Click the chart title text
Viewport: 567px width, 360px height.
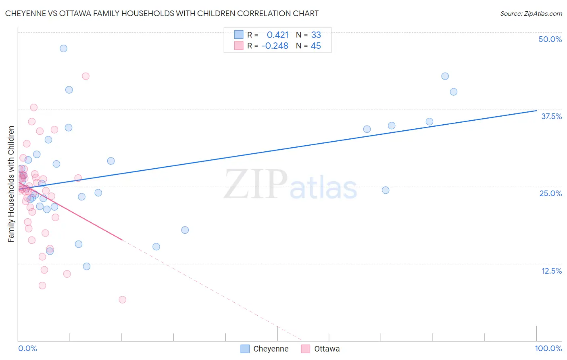162,13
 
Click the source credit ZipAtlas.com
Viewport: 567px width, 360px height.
531,13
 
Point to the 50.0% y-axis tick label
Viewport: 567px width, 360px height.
550,39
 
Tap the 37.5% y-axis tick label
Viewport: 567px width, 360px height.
551,116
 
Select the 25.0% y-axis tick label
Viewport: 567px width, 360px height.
550,193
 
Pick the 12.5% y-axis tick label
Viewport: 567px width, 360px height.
551,271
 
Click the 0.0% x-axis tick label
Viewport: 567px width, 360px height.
27,348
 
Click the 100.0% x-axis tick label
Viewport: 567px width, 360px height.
548,348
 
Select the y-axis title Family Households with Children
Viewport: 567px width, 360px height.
11,184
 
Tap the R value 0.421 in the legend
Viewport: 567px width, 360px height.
277,35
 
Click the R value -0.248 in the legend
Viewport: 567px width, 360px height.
275,46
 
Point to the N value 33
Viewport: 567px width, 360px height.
316,35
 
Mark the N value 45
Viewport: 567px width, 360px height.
316,46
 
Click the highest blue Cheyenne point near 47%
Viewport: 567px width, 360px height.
63,48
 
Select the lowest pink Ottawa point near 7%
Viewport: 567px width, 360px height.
123,299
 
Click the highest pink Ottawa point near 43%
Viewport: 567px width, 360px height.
85,76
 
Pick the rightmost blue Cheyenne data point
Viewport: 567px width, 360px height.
454,92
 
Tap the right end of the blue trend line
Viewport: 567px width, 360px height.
536,111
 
